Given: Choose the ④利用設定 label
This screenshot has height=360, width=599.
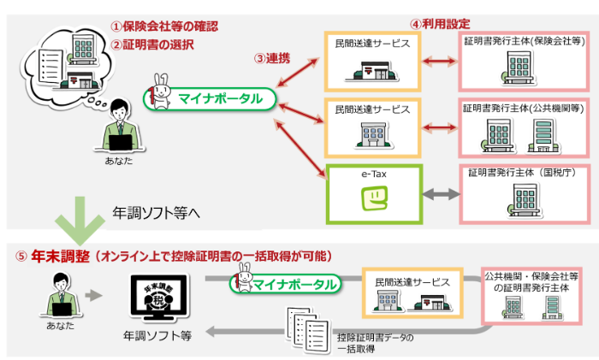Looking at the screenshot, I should [x=440, y=24].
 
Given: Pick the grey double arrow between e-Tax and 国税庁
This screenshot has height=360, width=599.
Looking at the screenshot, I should [x=441, y=194].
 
